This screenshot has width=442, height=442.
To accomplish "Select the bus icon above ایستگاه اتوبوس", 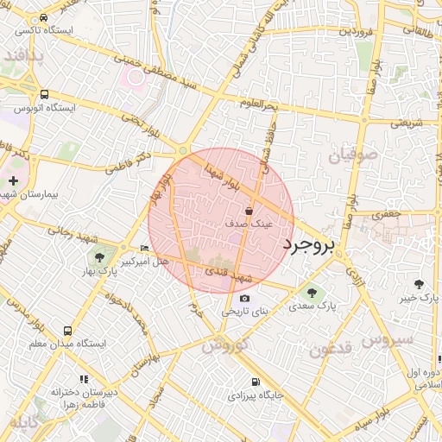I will click(x=44, y=95).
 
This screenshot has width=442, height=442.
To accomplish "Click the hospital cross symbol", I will click(x=14, y=180).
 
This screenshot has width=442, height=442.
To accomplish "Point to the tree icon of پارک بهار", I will click(x=99, y=257).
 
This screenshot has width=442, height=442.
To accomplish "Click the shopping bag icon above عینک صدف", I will click(x=249, y=210).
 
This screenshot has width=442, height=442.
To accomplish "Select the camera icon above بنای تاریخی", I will click(x=244, y=299).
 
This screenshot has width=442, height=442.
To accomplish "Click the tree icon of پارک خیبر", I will click(x=420, y=284).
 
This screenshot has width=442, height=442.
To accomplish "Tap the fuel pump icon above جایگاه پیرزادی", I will click(x=255, y=382).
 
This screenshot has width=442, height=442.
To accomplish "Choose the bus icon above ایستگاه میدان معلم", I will click(x=67, y=331).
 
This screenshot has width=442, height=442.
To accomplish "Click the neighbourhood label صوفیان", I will click(x=352, y=155).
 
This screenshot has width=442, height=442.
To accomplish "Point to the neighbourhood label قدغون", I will click(x=330, y=349).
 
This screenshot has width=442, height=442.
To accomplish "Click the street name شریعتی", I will click(x=407, y=123).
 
